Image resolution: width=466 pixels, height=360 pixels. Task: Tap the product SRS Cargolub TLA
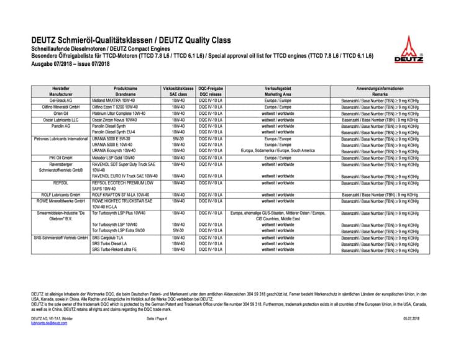pyautogui.click(x=109, y=237)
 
